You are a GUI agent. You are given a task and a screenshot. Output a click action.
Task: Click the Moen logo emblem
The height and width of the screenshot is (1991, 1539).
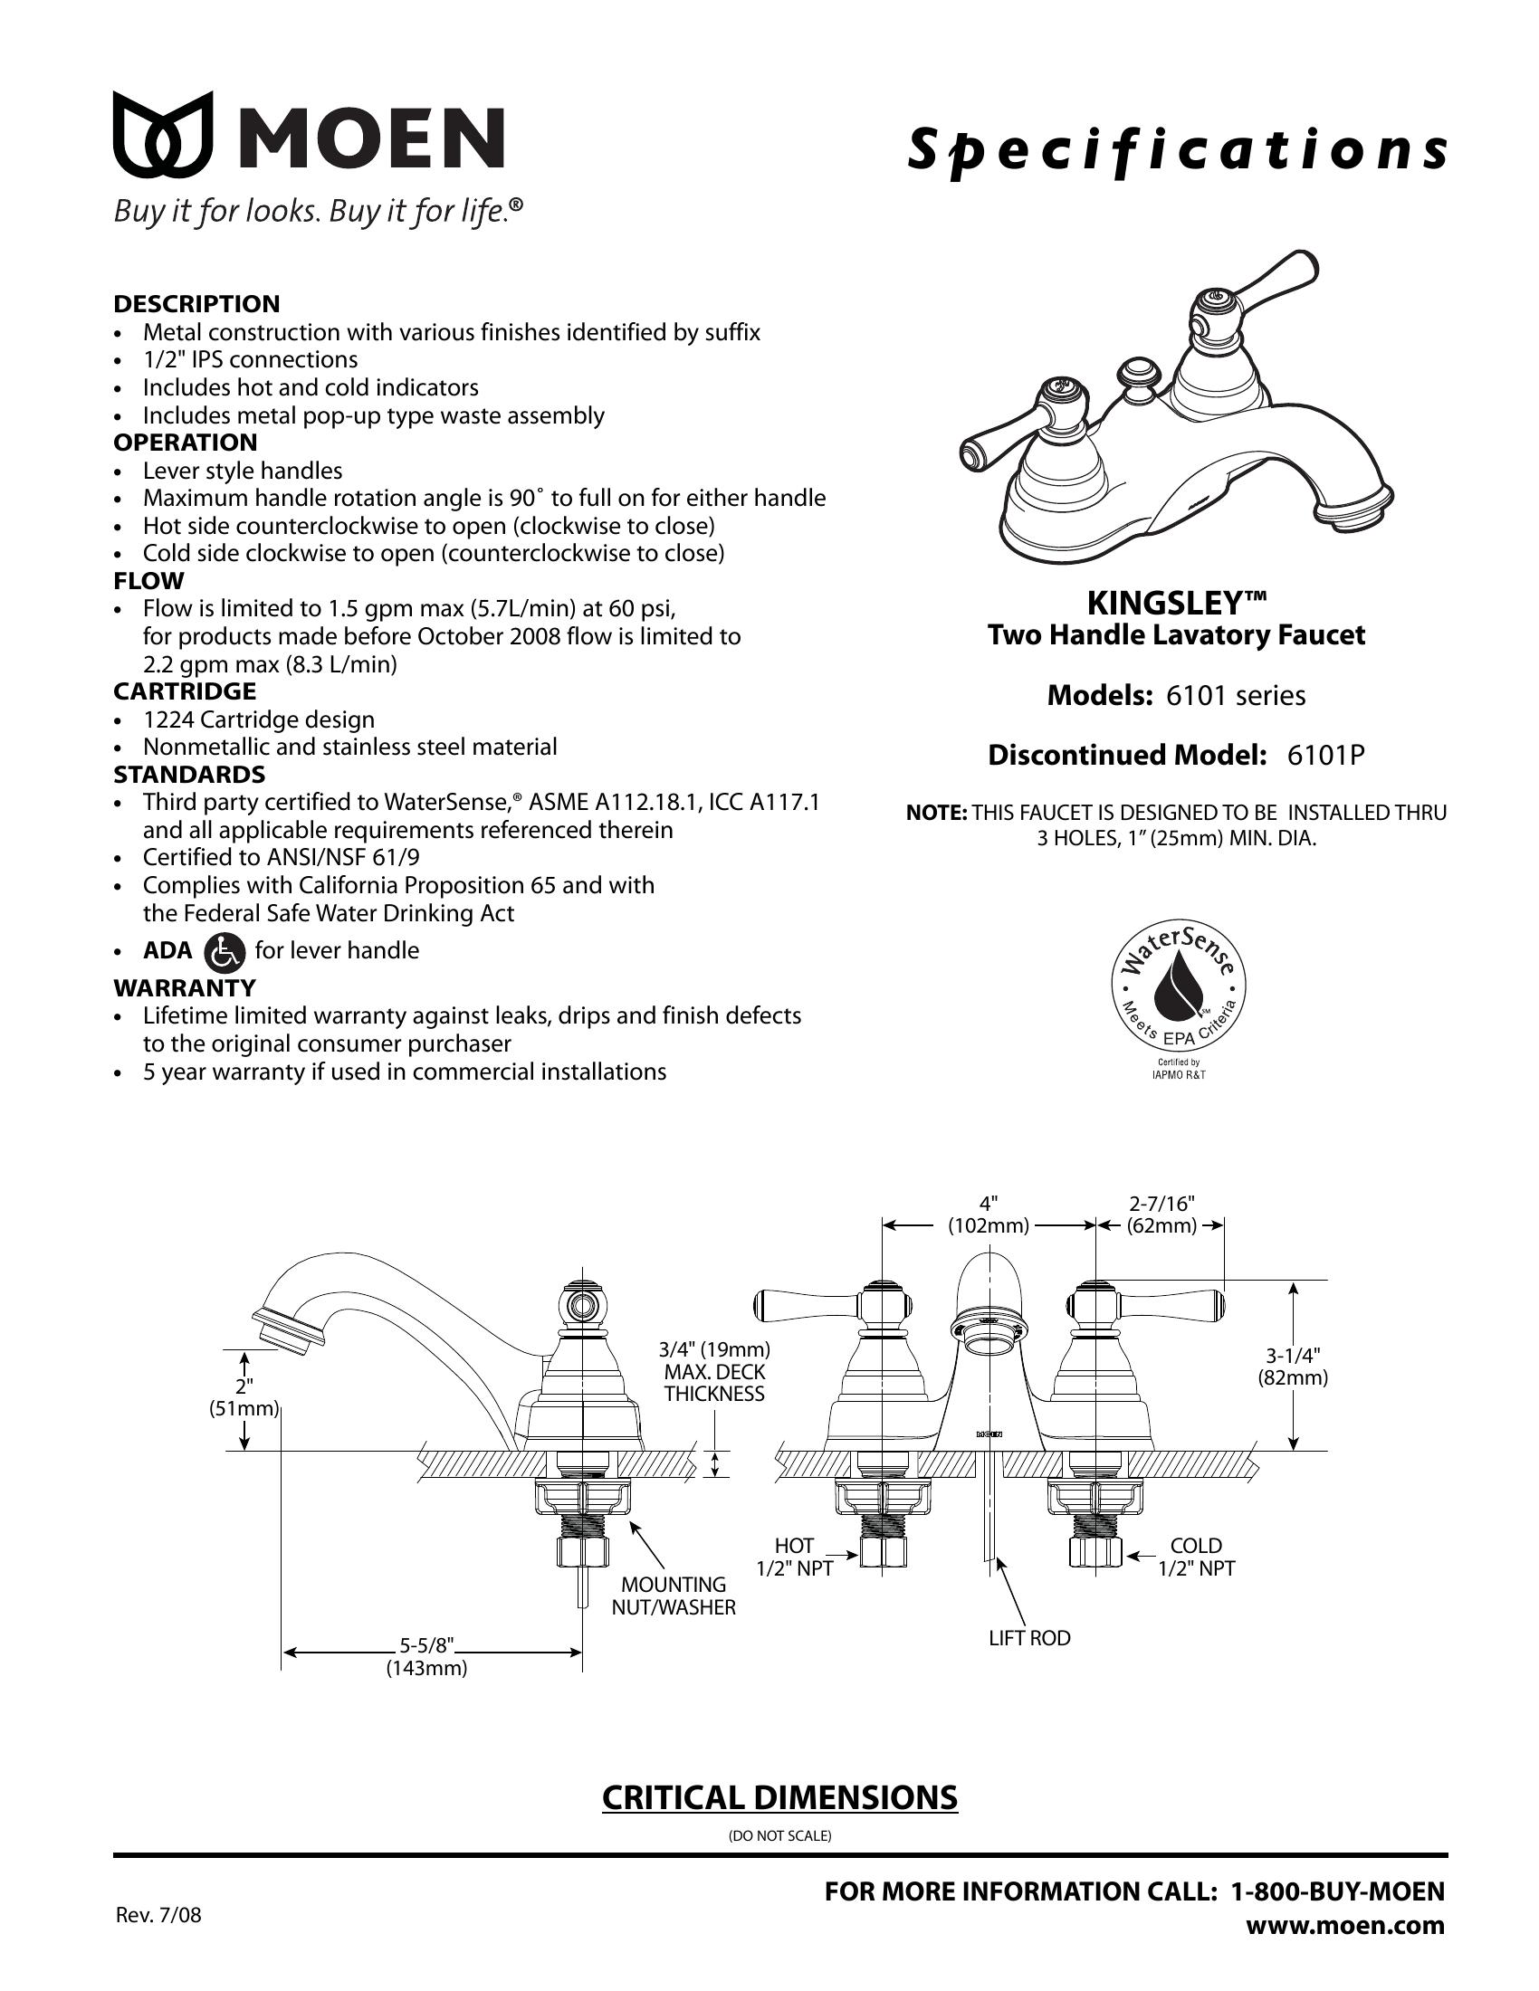click(163, 134)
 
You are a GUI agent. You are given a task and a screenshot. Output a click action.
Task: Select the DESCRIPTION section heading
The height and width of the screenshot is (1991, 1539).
click(196, 303)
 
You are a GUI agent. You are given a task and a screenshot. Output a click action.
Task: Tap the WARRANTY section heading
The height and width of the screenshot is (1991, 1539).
click(184, 987)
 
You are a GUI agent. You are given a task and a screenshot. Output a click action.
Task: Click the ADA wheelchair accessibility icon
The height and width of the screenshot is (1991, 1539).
click(225, 952)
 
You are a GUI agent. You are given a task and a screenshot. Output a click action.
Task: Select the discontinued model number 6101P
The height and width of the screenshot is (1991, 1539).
click(1324, 756)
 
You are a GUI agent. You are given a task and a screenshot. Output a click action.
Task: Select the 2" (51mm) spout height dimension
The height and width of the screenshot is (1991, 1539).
click(244, 1397)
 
